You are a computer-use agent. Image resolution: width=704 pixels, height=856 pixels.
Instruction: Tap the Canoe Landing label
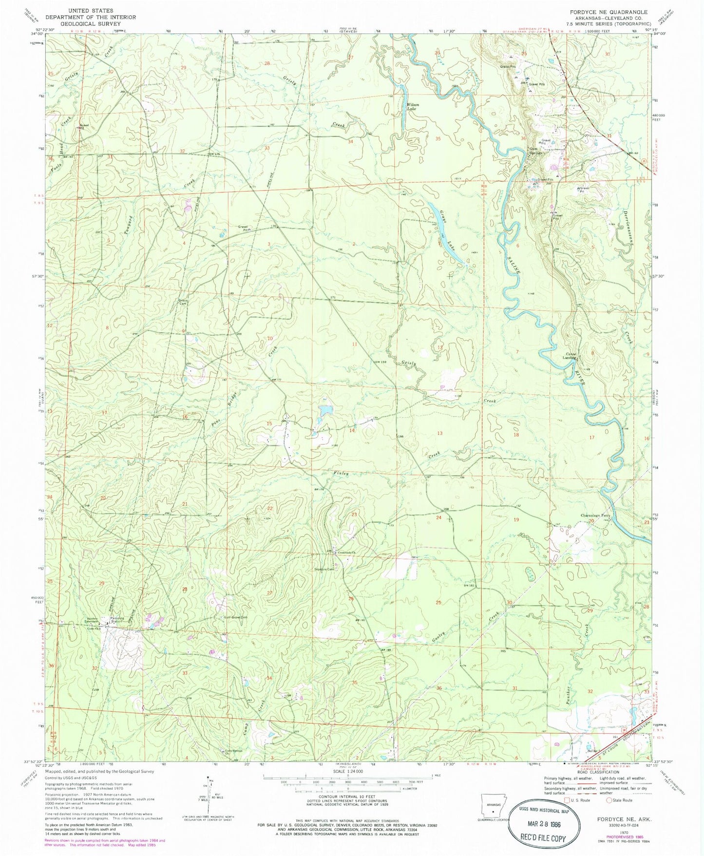pos(571,356)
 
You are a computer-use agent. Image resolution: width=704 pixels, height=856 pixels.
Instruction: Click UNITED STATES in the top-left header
pos(91,10)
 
